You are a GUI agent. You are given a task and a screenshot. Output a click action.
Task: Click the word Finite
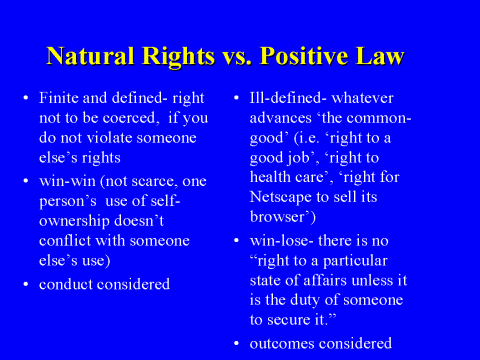click(x=59, y=102)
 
